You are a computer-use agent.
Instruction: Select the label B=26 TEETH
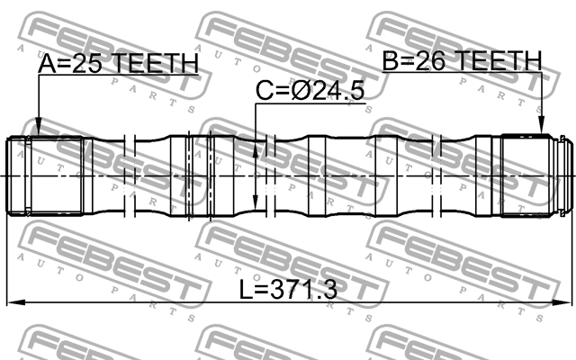462,60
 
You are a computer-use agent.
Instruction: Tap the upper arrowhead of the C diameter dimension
256,152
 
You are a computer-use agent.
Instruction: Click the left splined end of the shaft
45,175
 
